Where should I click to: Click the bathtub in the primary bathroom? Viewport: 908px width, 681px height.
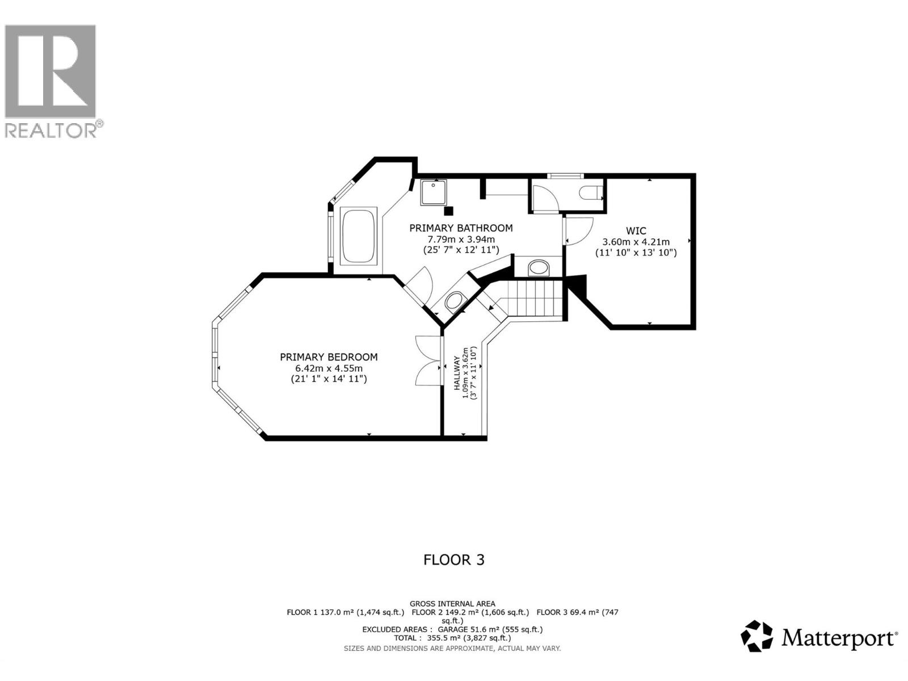(x=358, y=236)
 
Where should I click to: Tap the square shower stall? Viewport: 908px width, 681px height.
(x=434, y=192)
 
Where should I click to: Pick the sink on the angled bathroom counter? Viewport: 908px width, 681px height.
(x=455, y=302)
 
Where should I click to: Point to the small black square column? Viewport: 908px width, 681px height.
(x=449, y=211)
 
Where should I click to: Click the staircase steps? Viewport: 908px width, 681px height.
(x=532, y=299)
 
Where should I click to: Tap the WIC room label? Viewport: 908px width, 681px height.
(x=636, y=231)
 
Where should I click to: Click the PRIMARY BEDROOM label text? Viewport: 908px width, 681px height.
(x=329, y=357)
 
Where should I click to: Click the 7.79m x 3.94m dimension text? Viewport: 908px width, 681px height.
(x=461, y=239)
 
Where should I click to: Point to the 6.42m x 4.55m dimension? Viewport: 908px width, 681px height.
(x=329, y=368)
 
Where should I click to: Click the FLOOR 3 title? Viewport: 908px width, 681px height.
(x=454, y=560)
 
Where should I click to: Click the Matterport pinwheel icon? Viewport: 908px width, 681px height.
(x=757, y=636)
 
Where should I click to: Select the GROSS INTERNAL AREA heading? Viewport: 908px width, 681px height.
(x=452, y=604)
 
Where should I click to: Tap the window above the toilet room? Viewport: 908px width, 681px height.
(x=564, y=175)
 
